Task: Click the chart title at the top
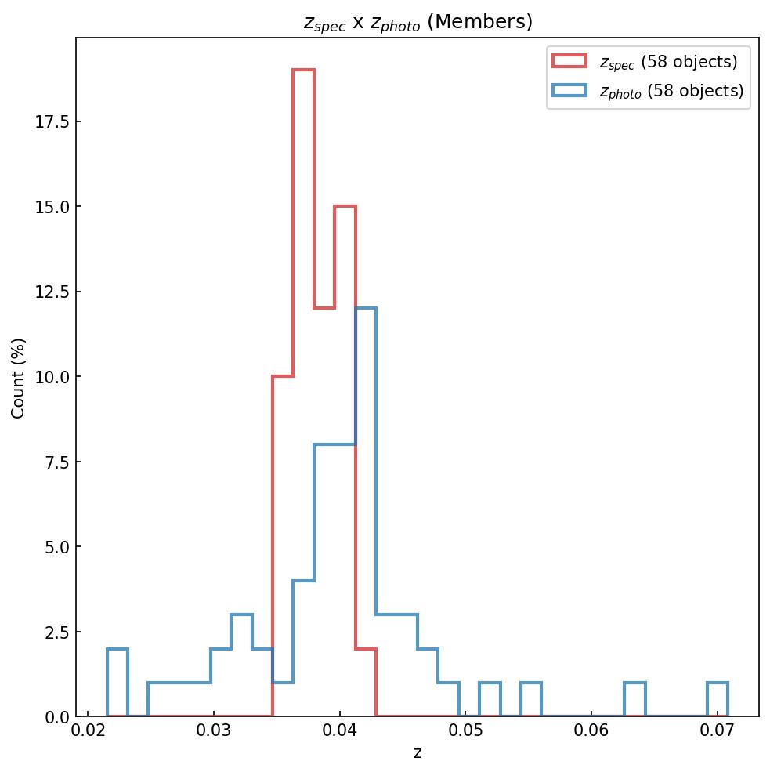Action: pyautogui.click(x=418, y=22)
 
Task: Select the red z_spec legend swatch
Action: pyautogui.click(x=569, y=61)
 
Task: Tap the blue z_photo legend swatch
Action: pyautogui.click(x=569, y=91)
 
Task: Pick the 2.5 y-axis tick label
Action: pyautogui.click(x=57, y=632)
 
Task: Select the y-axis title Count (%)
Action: pyautogui.click(x=18, y=378)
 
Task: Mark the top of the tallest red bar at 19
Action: pyautogui.click(x=303, y=71)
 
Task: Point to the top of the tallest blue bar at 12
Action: pyautogui.click(x=366, y=308)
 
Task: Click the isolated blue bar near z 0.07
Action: pyautogui.click(x=718, y=699)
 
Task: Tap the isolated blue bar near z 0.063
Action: pyautogui.click(x=634, y=699)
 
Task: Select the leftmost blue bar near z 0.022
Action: pyautogui.click(x=117, y=682)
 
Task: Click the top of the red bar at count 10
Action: pyautogui.click(x=283, y=376)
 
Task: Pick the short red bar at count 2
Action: pyautogui.click(x=366, y=682)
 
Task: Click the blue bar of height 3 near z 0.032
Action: pyautogui.click(x=241, y=666)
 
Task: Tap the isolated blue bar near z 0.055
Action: pyautogui.click(x=531, y=699)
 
